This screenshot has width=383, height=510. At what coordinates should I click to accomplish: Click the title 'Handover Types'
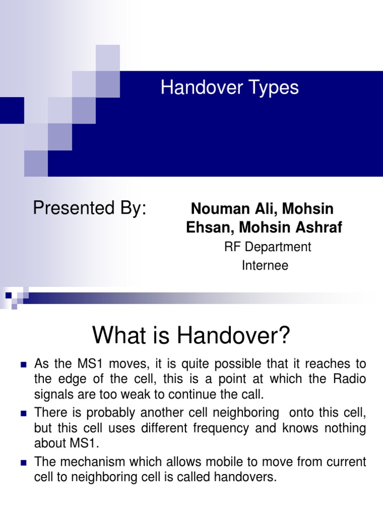[229, 88]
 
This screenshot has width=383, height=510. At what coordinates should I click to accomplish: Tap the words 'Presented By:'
[90, 208]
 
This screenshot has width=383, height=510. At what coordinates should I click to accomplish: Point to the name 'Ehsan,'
[210, 228]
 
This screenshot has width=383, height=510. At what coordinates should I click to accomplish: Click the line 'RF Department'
[268, 247]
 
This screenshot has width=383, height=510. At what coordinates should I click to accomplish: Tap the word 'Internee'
[265, 265]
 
